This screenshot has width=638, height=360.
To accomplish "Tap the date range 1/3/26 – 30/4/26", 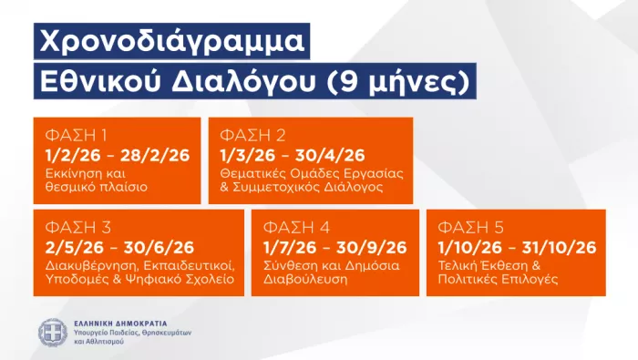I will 293,154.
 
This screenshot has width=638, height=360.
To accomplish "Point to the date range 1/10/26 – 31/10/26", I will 517,247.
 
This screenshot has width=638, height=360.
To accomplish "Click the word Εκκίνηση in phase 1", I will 70,172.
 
